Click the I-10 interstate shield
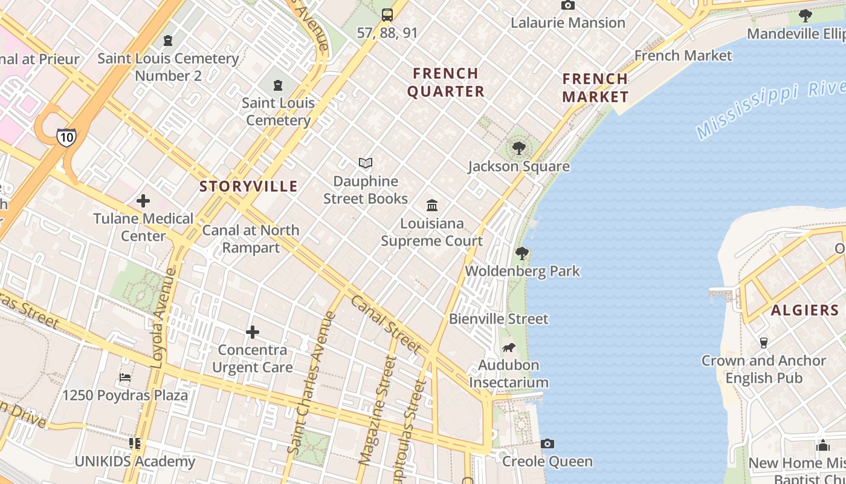click(x=66, y=137)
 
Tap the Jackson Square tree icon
click(x=518, y=148)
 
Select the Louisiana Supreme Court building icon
click(x=432, y=205)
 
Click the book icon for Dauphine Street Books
click(x=366, y=163)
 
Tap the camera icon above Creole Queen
click(x=547, y=443)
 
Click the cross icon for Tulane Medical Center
click(x=143, y=200)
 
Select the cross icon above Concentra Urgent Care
click(x=253, y=332)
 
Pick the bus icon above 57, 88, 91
click(x=387, y=15)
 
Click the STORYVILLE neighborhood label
click(x=248, y=186)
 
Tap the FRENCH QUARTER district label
click(x=446, y=82)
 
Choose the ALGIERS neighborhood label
click(x=805, y=310)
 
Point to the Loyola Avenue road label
click(x=162, y=318)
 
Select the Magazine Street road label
click(x=378, y=410)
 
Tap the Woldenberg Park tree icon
click(x=522, y=253)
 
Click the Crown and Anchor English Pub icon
click(x=764, y=342)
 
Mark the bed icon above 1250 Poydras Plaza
click(x=125, y=378)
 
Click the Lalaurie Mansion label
click(x=568, y=23)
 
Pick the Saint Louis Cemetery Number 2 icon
click(x=168, y=41)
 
